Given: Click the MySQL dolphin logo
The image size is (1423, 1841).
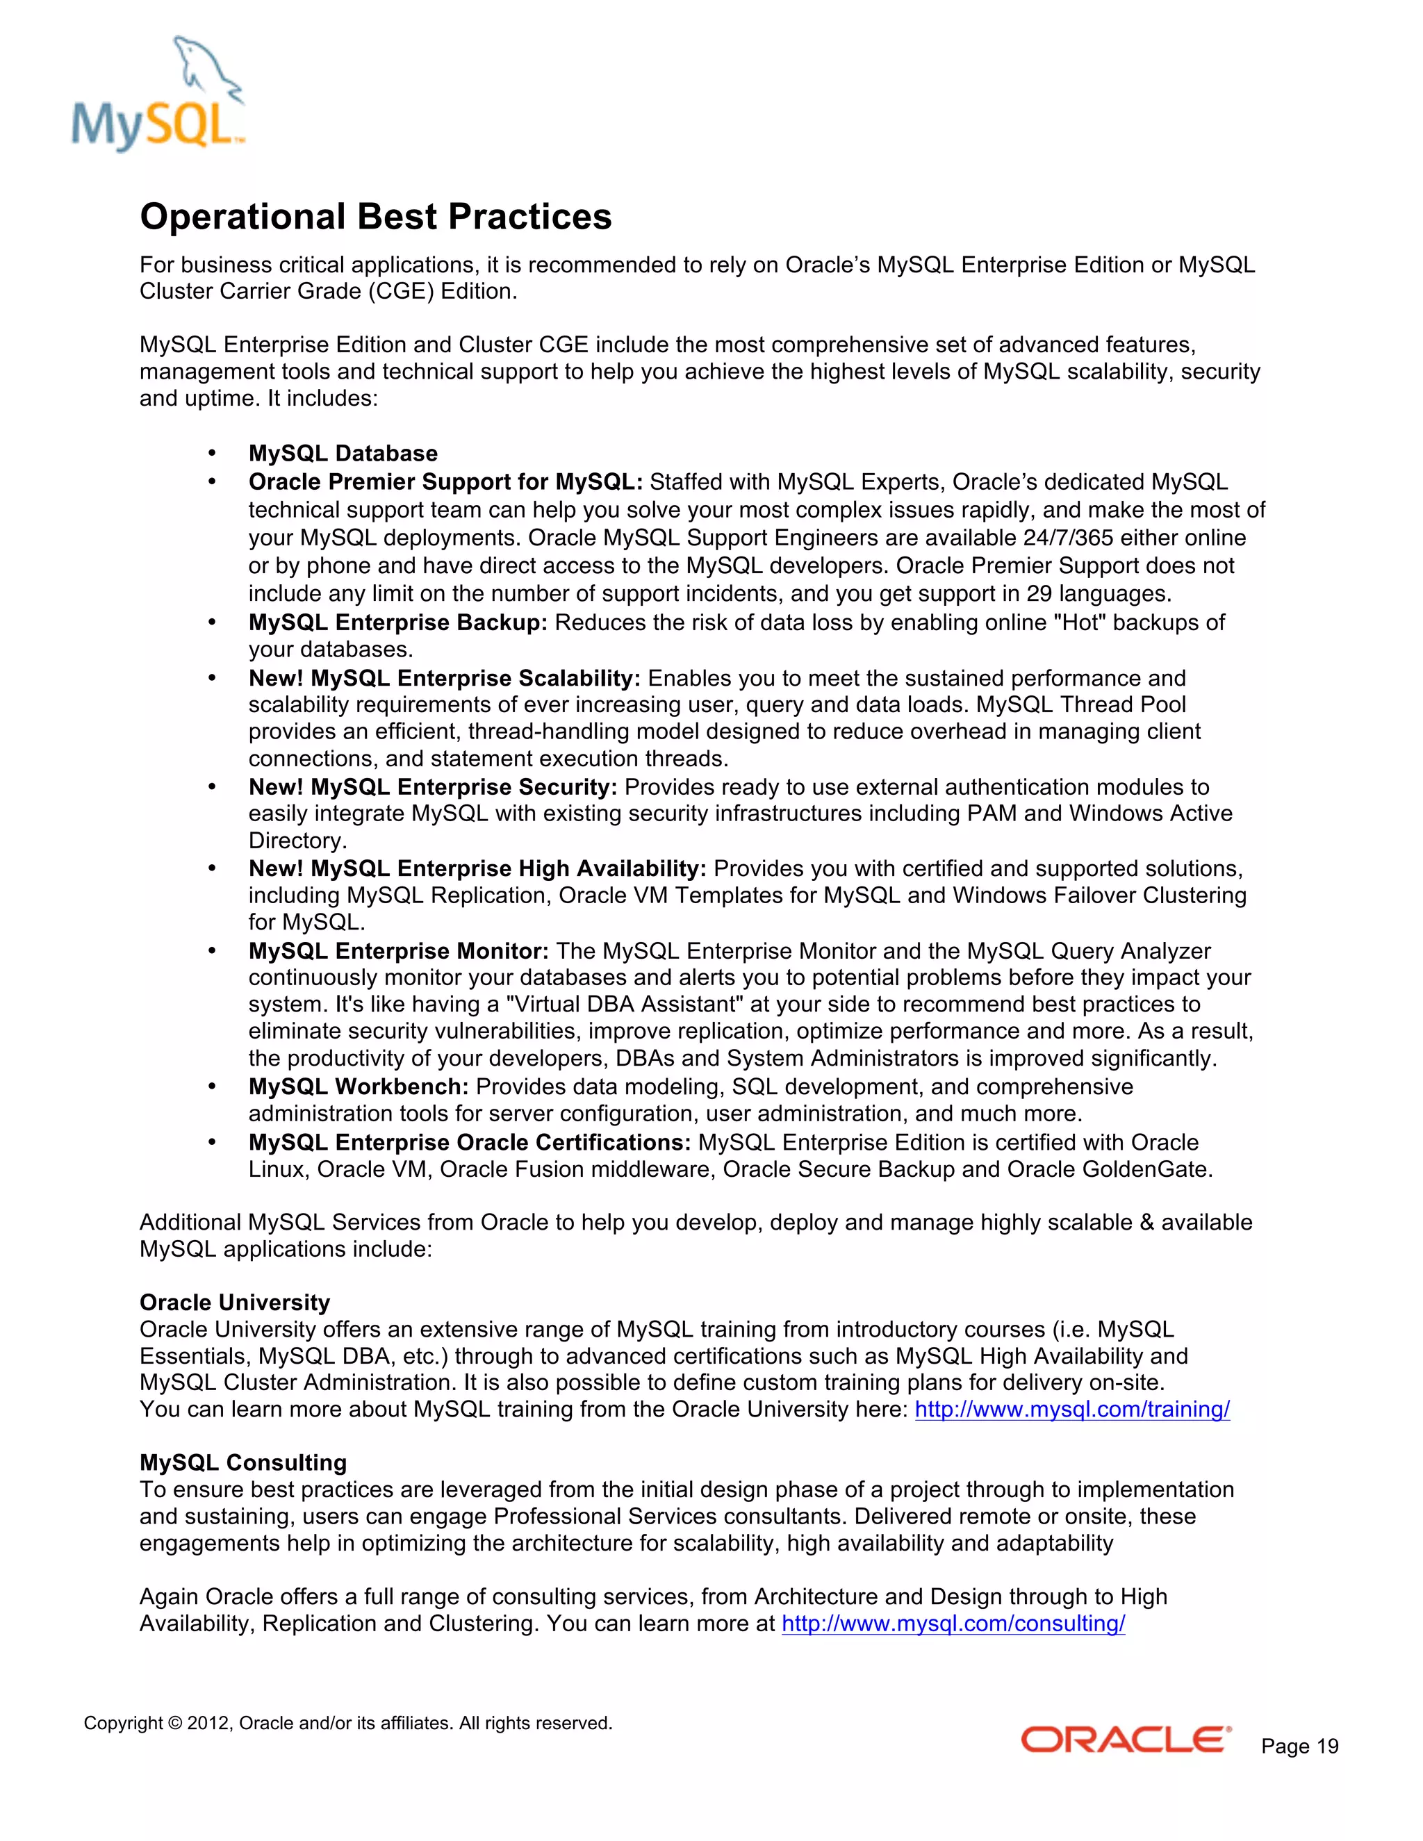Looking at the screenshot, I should tap(158, 94).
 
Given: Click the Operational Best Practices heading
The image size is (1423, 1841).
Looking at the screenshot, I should tap(375, 217).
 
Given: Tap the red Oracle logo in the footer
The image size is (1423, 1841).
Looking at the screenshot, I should tap(1126, 1740).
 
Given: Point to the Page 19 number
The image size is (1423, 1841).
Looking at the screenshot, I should tap(1299, 1747).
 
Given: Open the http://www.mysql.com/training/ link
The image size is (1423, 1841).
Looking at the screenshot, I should tap(1071, 1410).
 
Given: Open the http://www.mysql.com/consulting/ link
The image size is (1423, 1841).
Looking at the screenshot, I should tap(953, 1624).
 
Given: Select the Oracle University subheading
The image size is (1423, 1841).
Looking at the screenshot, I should tap(234, 1303).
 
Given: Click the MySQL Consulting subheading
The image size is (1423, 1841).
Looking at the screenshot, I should tap(242, 1462).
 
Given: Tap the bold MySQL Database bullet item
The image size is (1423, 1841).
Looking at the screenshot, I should tap(343, 454).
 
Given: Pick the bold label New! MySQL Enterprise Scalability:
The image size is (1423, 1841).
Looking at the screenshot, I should tap(444, 679).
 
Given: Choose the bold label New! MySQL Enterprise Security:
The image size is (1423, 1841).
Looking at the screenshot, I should tap(432, 787).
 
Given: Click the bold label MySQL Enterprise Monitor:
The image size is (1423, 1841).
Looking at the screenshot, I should tap(399, 951).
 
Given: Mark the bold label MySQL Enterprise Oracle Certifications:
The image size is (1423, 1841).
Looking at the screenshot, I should tap(470, 1142).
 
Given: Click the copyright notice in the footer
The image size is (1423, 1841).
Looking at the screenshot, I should tap(347, 1723).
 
